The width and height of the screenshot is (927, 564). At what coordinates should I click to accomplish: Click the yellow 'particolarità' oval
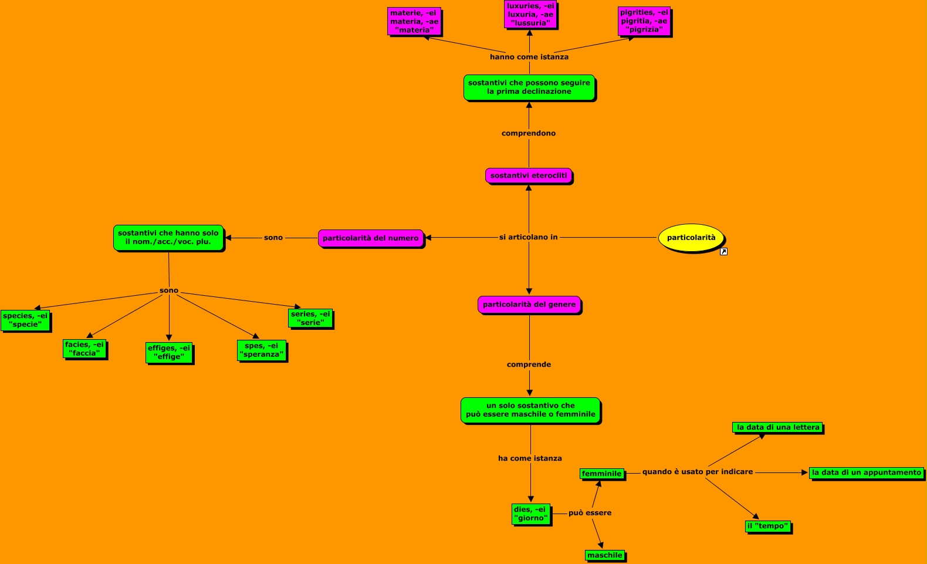[691, 238]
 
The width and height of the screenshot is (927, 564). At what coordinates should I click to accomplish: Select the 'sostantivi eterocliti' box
[529, 175]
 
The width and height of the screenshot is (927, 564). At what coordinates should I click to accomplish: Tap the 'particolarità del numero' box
[370, 238]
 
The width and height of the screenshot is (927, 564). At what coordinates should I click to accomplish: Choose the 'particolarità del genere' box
[529, 305]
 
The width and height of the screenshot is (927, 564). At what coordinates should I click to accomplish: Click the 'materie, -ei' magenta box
[414, 22]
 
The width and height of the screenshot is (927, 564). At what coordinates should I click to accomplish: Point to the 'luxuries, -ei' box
[530, 15]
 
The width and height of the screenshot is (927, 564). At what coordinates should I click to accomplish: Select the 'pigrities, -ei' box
[644, 21]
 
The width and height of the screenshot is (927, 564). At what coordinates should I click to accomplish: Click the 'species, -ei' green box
[25, 320]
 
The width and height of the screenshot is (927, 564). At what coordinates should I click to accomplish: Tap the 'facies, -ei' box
[84, 349]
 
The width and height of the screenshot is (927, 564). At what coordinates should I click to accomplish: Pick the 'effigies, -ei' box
[169, 353]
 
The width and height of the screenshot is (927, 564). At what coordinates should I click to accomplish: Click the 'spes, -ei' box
[262, 350]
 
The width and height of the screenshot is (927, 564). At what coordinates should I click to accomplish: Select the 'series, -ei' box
[311, 319]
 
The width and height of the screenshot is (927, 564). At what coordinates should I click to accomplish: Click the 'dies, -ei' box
[531, 514]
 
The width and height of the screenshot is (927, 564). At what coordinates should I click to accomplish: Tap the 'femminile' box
[601, 474]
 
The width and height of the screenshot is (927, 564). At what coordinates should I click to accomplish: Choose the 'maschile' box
[605, 555]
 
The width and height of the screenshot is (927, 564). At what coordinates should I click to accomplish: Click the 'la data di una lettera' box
[778, 427]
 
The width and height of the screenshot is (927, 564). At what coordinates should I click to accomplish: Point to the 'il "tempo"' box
[768, 526]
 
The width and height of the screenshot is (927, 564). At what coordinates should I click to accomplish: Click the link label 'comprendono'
[529, 133]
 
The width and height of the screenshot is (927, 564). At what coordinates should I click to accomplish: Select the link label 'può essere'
[590, 513]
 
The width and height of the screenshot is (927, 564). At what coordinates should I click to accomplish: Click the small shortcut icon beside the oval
[723, 252]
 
